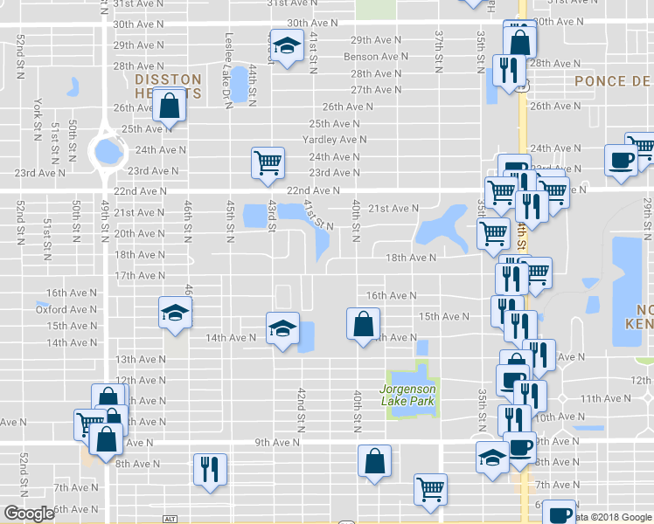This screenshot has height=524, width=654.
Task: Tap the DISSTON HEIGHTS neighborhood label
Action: pos(169,85)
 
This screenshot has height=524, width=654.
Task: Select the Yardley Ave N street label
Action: pos(334,140)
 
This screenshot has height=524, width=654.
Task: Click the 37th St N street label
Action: pos(439,39)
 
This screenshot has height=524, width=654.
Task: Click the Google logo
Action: pos(30,514)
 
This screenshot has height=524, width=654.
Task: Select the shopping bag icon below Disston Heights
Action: pos(168,107)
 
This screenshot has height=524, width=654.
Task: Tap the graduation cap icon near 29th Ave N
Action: pos(285,45)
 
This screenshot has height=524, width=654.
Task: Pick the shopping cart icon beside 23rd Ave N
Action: pos(267,161)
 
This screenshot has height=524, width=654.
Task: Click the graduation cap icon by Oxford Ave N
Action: pos(174,312)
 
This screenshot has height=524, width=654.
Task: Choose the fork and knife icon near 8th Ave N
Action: pos(210,468)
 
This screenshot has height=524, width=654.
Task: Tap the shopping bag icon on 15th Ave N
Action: pos(362,323)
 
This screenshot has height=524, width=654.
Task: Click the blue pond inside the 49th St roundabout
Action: pos(108,153)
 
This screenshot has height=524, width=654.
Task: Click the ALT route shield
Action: pos(170,519)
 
